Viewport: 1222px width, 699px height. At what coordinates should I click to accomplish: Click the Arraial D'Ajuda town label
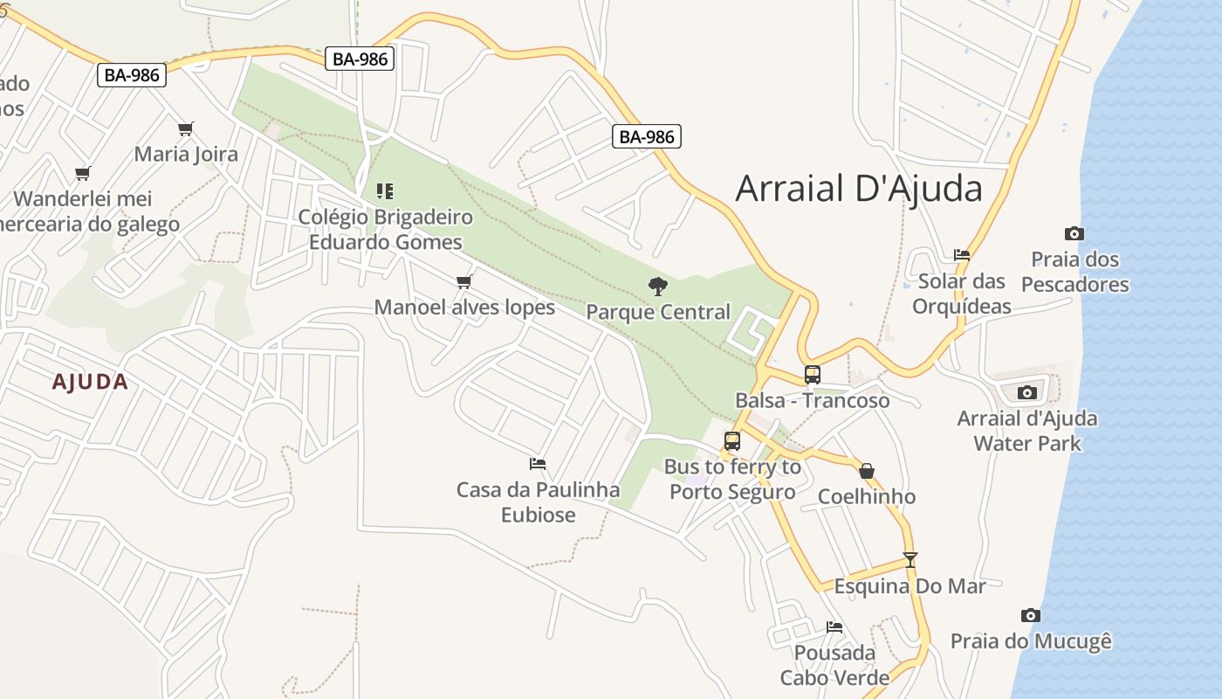coord(859,189)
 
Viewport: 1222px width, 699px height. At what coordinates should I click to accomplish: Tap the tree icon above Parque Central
coord(657,286)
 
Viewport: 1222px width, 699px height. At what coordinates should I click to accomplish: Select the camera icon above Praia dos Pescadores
coord(1074,233)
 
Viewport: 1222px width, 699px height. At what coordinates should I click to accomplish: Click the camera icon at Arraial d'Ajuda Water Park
coord(1027,392)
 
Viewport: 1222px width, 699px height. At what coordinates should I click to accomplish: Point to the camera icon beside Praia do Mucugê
coord(1031,615)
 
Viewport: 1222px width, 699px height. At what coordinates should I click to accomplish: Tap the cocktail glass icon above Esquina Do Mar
coord(910,559)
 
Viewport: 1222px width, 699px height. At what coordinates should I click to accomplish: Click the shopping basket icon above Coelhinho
coord(867,471)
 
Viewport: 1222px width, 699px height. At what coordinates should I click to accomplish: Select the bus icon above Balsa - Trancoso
coord(812,375)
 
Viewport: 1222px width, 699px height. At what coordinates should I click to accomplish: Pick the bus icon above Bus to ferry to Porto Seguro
coord(732,441)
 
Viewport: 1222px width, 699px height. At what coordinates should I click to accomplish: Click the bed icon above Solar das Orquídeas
coord(962,255)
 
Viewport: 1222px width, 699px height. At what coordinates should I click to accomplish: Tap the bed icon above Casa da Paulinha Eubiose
coord(538,464)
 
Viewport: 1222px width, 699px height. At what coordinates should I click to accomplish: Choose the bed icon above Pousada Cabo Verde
coord(834,626)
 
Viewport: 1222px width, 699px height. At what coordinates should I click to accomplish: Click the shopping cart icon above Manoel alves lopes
coord(464,281)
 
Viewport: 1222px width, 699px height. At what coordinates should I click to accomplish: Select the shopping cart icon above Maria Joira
coord(185,128)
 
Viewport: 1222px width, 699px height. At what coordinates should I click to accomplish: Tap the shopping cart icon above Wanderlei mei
coord(83,173)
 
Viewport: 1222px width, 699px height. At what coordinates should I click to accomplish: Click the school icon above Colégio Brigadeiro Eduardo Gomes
coord(385,190)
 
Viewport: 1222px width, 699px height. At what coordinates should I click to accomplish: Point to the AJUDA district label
coord(90,382)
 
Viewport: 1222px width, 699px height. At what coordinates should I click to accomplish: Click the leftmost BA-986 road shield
coord(132,75)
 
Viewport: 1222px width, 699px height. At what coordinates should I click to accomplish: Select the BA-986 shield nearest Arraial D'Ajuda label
coord(647,136)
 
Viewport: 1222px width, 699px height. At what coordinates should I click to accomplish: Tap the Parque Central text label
coord(658,312)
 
